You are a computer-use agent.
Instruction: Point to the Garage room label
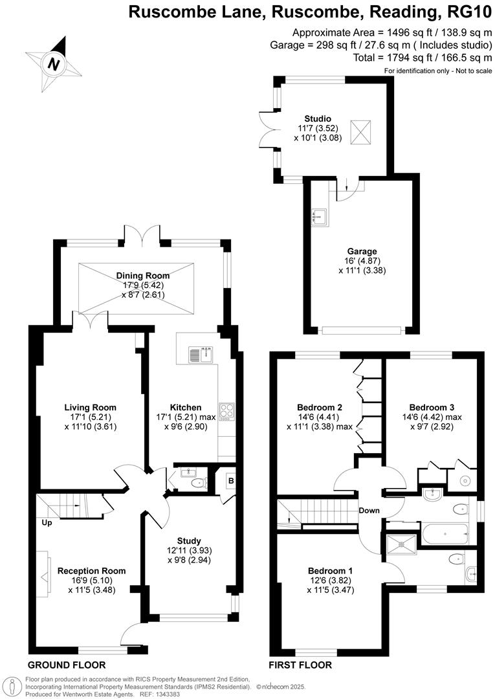click(x=361, y=251)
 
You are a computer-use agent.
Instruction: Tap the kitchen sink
click(x=201, y=355)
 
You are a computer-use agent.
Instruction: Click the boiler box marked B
click(x=230, y=481)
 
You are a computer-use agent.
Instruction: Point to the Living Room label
click(x=90, y=407)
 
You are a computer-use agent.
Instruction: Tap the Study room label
click(x=189, y=540)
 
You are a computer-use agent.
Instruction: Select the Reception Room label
click(x=91, y=571)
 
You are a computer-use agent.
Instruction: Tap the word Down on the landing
click(x=369, y=510)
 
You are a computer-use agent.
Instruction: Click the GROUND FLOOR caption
click(x=67, y=665)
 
